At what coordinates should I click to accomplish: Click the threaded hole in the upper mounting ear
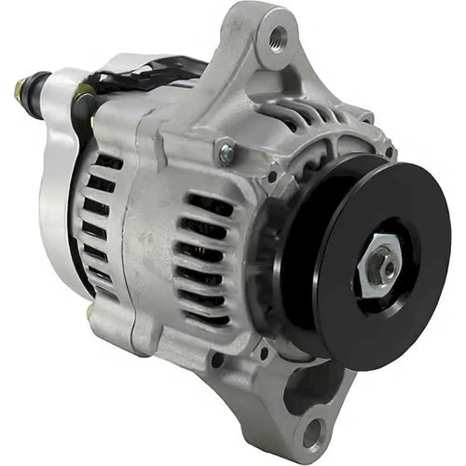coord(277,38)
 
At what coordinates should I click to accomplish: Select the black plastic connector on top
coord(140,75)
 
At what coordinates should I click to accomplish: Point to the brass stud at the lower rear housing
coord(90,314)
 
